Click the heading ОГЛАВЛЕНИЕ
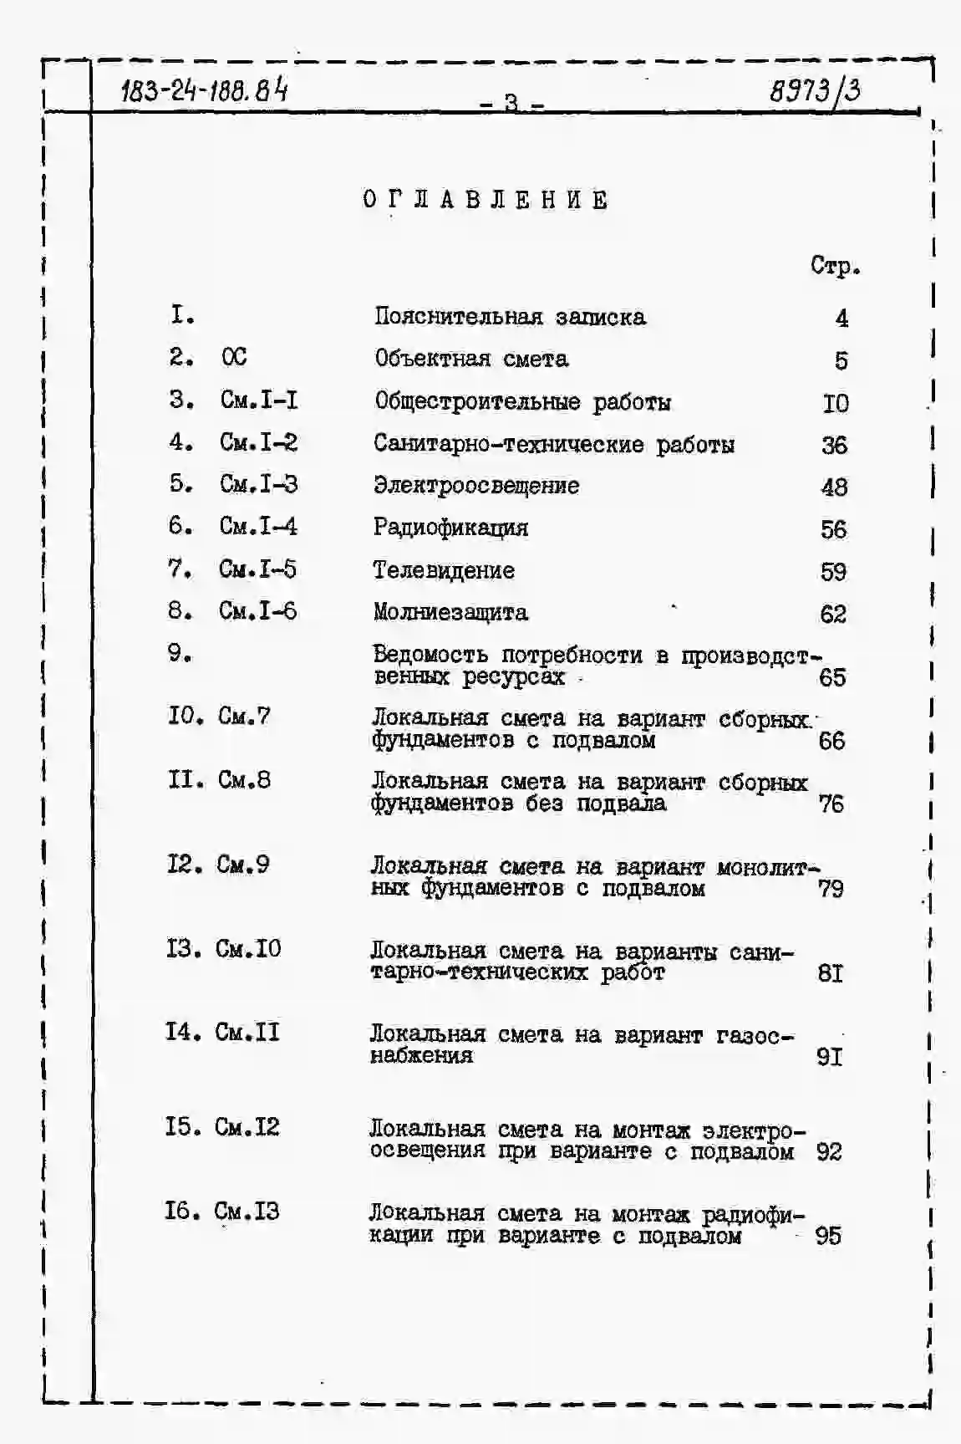[x=486, y=201]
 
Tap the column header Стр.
[x=835, y=266]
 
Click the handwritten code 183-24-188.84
[x=204, y=89]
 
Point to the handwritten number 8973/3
[x=815, y=90]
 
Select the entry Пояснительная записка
[x=510, y=317]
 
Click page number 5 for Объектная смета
[x=841, y=360]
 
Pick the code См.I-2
[x=258, y=442]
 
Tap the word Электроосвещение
[x=475, y=486]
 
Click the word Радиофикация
[x=450, y=528]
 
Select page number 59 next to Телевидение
[x=833, y=572]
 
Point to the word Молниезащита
[x=450, y=612]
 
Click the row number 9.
[x=179, y=653]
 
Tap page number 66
[x=831, y=741]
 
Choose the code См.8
[x=244, y=780]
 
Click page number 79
[x=831, y=888]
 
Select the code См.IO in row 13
[x=248, y=949]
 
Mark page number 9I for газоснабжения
[x=829, y=1057]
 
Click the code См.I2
[x=247, y=1127]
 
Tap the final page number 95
[x=828, y=1236]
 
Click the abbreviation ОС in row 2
[x=234, y=358]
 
